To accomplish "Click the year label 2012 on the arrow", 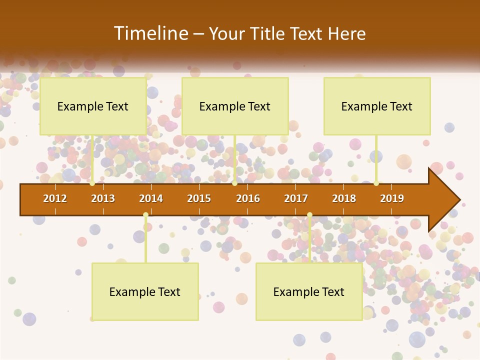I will coord(55,198).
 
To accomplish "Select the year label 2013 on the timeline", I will coord(103,198).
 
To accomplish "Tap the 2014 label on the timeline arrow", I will coord(151,198).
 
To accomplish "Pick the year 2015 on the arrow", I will coord(199,198).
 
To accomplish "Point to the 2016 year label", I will coord(248,198).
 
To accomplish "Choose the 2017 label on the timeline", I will coord(296,198).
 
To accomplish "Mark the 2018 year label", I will coord(344,198).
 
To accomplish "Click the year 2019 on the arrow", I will coord(392,198).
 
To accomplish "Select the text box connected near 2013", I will coord(93,106).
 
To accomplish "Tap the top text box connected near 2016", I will coord(235,106).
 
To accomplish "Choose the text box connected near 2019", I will coord(377,106).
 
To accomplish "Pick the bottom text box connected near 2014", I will coord(145,291).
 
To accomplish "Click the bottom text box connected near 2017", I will coord(309,291).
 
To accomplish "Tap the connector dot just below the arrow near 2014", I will coord(145,215).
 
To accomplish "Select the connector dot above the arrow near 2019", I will coord(376,183).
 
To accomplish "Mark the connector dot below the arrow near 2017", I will coord(309,215).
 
